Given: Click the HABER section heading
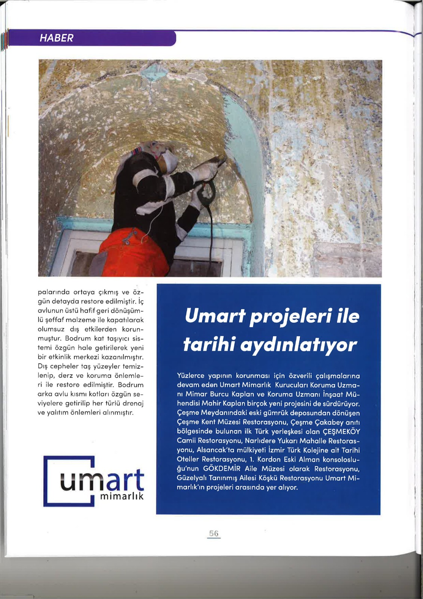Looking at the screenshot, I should click(56, 38).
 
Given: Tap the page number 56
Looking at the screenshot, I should click(214, 533).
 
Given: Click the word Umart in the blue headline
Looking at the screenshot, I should click(215, 316).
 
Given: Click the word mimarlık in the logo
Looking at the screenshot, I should click(122, 496).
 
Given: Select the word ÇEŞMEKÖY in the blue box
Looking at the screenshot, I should click(341, 432).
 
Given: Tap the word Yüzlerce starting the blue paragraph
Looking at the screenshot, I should click(191, 376).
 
